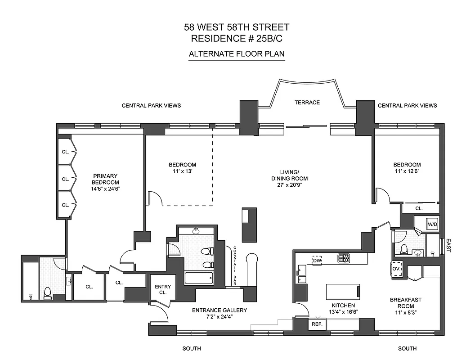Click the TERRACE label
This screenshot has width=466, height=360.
click(307, 103)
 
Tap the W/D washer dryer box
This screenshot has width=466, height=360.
click(432, 224)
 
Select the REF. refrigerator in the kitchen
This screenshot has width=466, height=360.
click(315, 324)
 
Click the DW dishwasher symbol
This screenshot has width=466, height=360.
click(317, 261)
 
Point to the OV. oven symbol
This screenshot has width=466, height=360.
click(396, 269)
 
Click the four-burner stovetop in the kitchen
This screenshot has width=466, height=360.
click(344, 258)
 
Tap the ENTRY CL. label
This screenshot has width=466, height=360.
click(162, 289)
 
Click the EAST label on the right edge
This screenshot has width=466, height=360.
click(448, 246)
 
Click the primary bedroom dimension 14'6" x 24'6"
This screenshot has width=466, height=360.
click(105, 189)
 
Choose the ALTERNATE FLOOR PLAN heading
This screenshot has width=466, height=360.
click(237, 54)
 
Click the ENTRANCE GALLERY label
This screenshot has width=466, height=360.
click(220, 310)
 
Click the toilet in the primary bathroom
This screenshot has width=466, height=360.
click(47, 292)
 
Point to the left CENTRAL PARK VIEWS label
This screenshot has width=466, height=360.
click(151, 106)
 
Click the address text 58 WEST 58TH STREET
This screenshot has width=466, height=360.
click(237, 27)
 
